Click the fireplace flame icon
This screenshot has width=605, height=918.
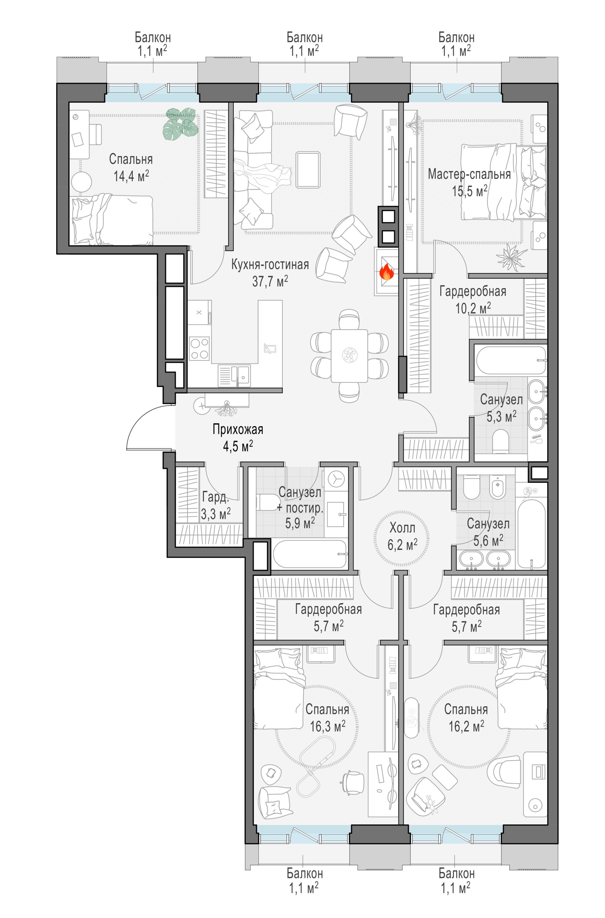point(386,272)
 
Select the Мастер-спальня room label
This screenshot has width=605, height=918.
point(469,174)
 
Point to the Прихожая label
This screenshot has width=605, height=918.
point(238,429)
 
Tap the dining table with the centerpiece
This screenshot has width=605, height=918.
point(349,355)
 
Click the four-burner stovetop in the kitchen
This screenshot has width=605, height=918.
point(199,348)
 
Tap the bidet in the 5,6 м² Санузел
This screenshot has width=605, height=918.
point(498,486)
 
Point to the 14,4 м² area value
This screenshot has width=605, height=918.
point(131,176)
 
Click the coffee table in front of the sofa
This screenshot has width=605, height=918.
point(308,170)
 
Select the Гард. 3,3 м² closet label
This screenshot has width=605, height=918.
point(216,505)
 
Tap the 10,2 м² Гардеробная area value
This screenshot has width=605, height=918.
point(473,308)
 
